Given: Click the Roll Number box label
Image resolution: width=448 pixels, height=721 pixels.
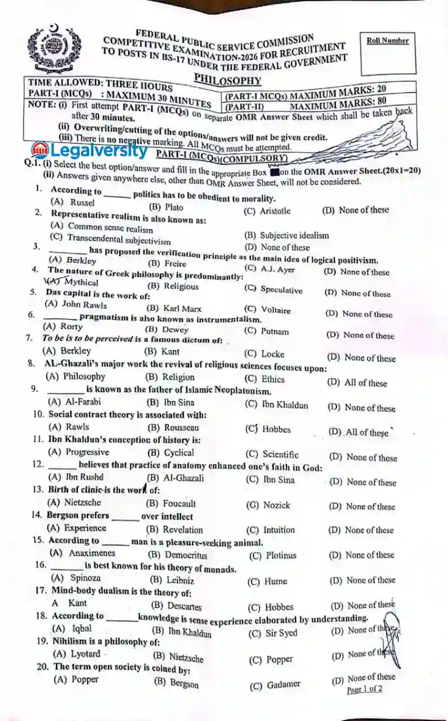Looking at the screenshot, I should click(387, 41).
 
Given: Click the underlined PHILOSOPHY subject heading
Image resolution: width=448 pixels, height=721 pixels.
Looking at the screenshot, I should click(227, 79).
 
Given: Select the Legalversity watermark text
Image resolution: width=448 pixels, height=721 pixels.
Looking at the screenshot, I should click(91, 150).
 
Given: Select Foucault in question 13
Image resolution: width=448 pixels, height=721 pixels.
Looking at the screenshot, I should click(178, 504).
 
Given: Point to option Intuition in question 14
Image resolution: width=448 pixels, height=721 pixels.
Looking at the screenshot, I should click(278, 530).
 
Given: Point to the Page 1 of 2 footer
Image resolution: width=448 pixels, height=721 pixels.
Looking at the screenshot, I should click(364, 689).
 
